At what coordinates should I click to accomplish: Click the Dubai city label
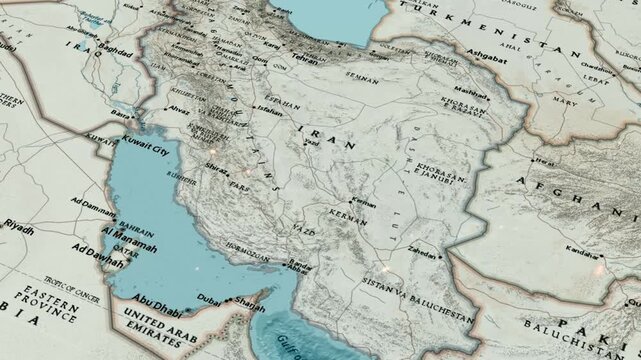208,297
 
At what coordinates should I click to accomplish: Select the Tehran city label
305,58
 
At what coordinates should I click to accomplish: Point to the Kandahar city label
580,246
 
